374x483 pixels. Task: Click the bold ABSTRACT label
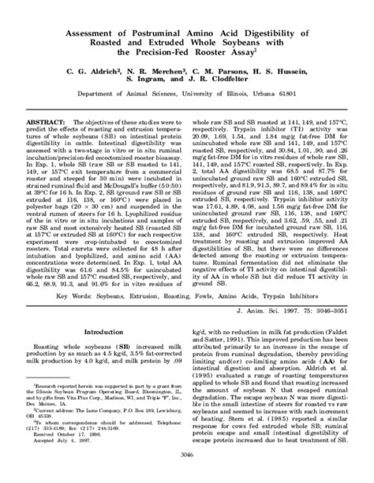[x=54, y=126]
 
